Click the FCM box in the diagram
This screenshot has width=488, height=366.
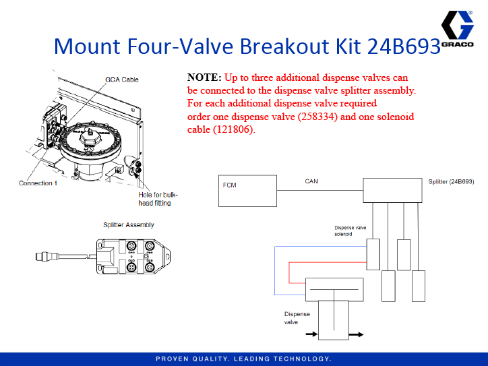click(x=249, y=190)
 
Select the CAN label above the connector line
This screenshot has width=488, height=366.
click(x=311, y=181)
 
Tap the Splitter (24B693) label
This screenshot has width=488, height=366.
click(x=451, y=182)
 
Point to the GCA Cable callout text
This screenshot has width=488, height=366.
click(x=122, y=80)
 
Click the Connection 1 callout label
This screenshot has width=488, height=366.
click(x=38, y=183)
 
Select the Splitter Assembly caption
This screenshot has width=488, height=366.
click(x=128, y=225)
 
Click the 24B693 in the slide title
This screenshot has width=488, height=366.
click(x=404, y=47)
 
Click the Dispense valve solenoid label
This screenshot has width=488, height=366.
click(x=350, y=231)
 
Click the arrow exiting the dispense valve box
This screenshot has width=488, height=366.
click(x=357, y=333)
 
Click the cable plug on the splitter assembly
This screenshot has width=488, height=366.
click(x=42, y=255)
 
